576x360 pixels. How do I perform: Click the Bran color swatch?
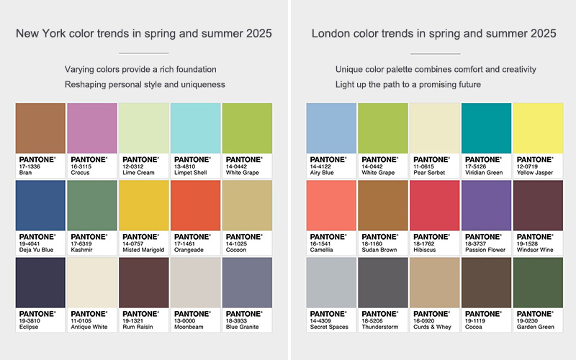(x=40, y=127)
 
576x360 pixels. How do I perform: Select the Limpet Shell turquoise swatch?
(x=195, y=127)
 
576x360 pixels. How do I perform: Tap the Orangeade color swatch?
(x=195, y=205)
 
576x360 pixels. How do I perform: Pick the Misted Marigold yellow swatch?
(x=143, y=205)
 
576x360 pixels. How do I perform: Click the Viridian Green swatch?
(x=486, y=127)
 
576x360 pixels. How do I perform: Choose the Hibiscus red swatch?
(x=434, y=205)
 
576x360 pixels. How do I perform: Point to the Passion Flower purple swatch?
(x=486, y=205)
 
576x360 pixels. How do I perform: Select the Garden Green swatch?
(x=538, y=282)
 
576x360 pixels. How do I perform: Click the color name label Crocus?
(x=81, y=173)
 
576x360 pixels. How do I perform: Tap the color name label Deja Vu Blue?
(x=36, y=250)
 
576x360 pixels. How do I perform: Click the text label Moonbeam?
(x=189, y=327)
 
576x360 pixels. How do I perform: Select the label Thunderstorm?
(x=379, y=327)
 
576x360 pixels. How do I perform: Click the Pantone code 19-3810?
(x=30, y=320)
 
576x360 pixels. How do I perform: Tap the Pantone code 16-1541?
(x=320, y=243)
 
